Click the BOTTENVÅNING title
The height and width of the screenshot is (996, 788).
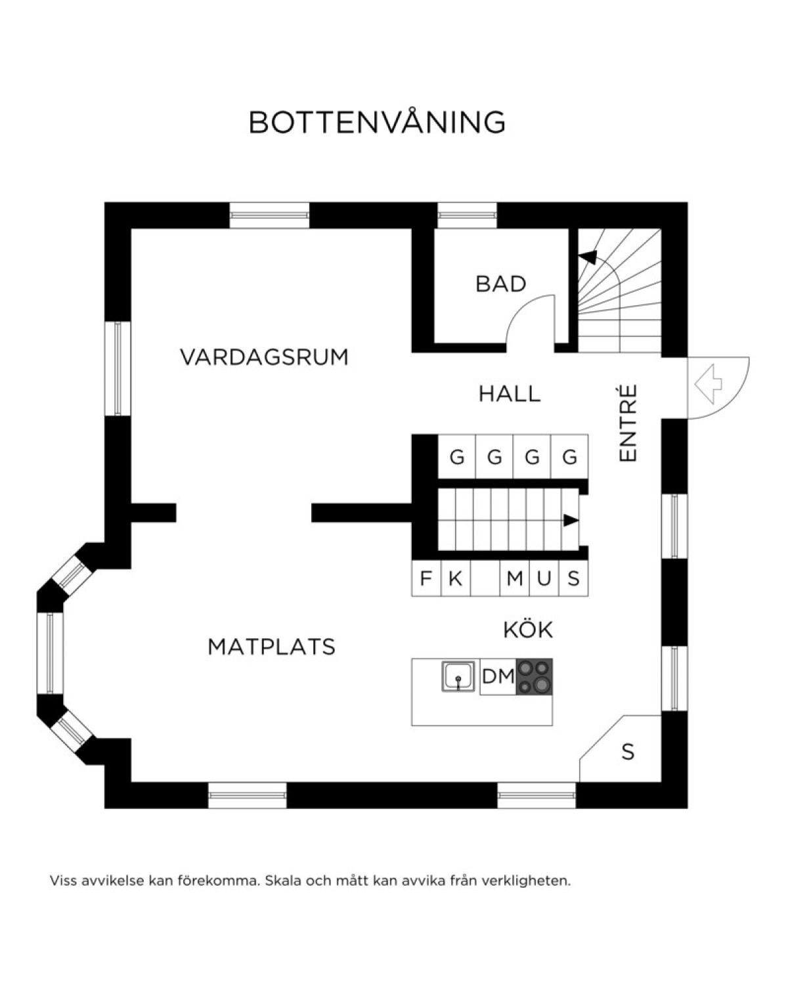[x=377, y=122]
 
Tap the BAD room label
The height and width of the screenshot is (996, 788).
[x=501, y=284]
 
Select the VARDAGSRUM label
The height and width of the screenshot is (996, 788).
[x=265, y=357]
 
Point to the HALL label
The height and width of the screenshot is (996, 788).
[x=510, y=394]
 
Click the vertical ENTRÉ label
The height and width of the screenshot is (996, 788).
[x=628, y=423]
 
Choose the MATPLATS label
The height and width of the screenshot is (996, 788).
[x=272, y=647]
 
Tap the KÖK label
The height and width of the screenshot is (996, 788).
[x=528, y=630]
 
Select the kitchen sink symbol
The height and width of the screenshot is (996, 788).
[x=458, y=677]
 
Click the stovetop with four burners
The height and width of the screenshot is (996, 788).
[x=535, y=676]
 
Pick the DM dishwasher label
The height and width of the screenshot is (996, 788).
[x=498, y=677]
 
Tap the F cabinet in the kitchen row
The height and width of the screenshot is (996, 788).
[x=426, y=578]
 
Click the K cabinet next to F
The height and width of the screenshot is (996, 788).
[x=456, y=578]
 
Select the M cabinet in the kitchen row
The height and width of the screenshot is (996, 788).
[x=514, y=578]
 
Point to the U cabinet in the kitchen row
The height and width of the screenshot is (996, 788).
[x=544, y=578]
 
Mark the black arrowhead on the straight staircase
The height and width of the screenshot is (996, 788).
[x=571, y=520]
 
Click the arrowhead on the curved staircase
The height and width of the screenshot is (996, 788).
[x=588, y=257]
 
